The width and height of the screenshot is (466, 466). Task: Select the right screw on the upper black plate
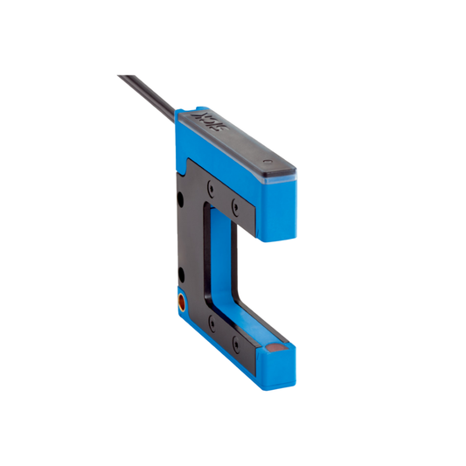(x=234, y=206)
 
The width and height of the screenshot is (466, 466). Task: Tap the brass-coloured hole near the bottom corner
(x=182, y=303)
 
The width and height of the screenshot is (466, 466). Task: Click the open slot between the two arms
(x=262, y=280)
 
